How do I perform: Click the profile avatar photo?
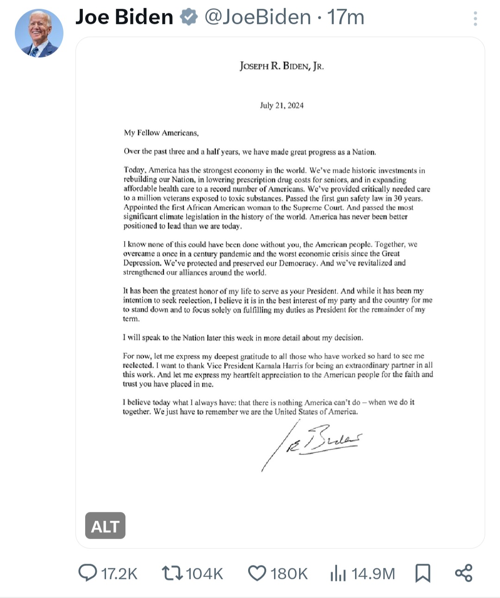pyautogui.click(x=39, y=33)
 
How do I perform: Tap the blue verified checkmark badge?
pyautogui.click(x=188, y=17)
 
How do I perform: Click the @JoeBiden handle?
pyautogui.click(x=258, y=17)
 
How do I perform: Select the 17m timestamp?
pyautogui.click(x=346, y=17)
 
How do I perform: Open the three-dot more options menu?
pyautogui.click(x=475, y=18)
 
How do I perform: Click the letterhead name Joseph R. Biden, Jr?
pyautogui.click(x=281, y=66)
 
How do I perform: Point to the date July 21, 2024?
pyautogui.click(x=281, y=105)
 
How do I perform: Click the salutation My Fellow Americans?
pyautogui.click(x=161, y=133)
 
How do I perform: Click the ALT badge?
pyautogui.click(x=105, y=526)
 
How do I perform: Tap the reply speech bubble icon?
pyautogui.click(x=87, y=573)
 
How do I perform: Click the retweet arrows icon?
pyautogui.click(x=171, y=573)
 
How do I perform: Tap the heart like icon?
pyautogui.click(x=257, y=573)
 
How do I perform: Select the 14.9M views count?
pyautogui.click(x=373, y=574)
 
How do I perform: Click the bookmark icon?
pyautogui.click(x=423, y=573)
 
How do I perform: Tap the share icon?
pyautogui.click(x=463, y=573)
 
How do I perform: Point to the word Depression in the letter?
pyautogui.click(x=142, y=263)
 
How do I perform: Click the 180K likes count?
pyautogui.click(x=289, y=574)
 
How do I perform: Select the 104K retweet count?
pyautogui.click(x=204, y=574)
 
